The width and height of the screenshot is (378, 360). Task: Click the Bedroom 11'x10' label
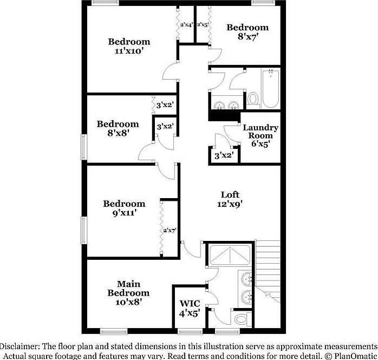point(129,46)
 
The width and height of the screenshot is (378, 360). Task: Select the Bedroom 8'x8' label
point(118,128)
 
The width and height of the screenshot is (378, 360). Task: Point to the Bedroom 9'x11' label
point(125,208)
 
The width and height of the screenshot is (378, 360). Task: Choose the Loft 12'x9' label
point(230,199)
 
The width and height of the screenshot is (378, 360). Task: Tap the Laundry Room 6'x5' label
point(260,136)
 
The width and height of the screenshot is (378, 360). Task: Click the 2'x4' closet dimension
point(186,24)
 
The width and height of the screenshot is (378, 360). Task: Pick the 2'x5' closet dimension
point(203,24)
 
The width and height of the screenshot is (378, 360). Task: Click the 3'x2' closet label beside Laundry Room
point(224,155)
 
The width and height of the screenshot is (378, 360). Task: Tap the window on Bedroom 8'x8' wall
point(83,147)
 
